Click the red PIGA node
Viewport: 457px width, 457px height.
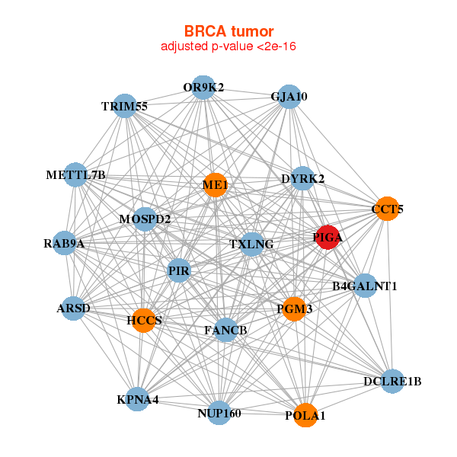328,237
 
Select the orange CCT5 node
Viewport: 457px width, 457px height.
388,209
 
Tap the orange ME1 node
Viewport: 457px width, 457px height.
216,185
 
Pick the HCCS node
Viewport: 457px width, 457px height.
144,320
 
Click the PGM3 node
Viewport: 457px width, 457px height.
294,309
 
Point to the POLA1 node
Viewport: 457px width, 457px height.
305,415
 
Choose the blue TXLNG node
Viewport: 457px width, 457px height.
251,244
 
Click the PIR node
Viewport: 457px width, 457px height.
179,270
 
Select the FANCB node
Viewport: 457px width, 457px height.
225,330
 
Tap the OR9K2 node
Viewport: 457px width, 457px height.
203,88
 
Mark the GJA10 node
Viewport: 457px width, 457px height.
289,97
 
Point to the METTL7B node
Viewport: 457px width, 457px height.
75,175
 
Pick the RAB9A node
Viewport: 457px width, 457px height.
65,244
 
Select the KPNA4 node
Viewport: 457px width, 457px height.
138,399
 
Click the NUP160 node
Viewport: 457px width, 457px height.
219,413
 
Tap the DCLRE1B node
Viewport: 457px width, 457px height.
392,381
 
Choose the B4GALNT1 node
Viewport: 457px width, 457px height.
365,286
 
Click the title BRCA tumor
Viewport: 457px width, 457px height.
228,31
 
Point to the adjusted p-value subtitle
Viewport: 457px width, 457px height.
228,46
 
